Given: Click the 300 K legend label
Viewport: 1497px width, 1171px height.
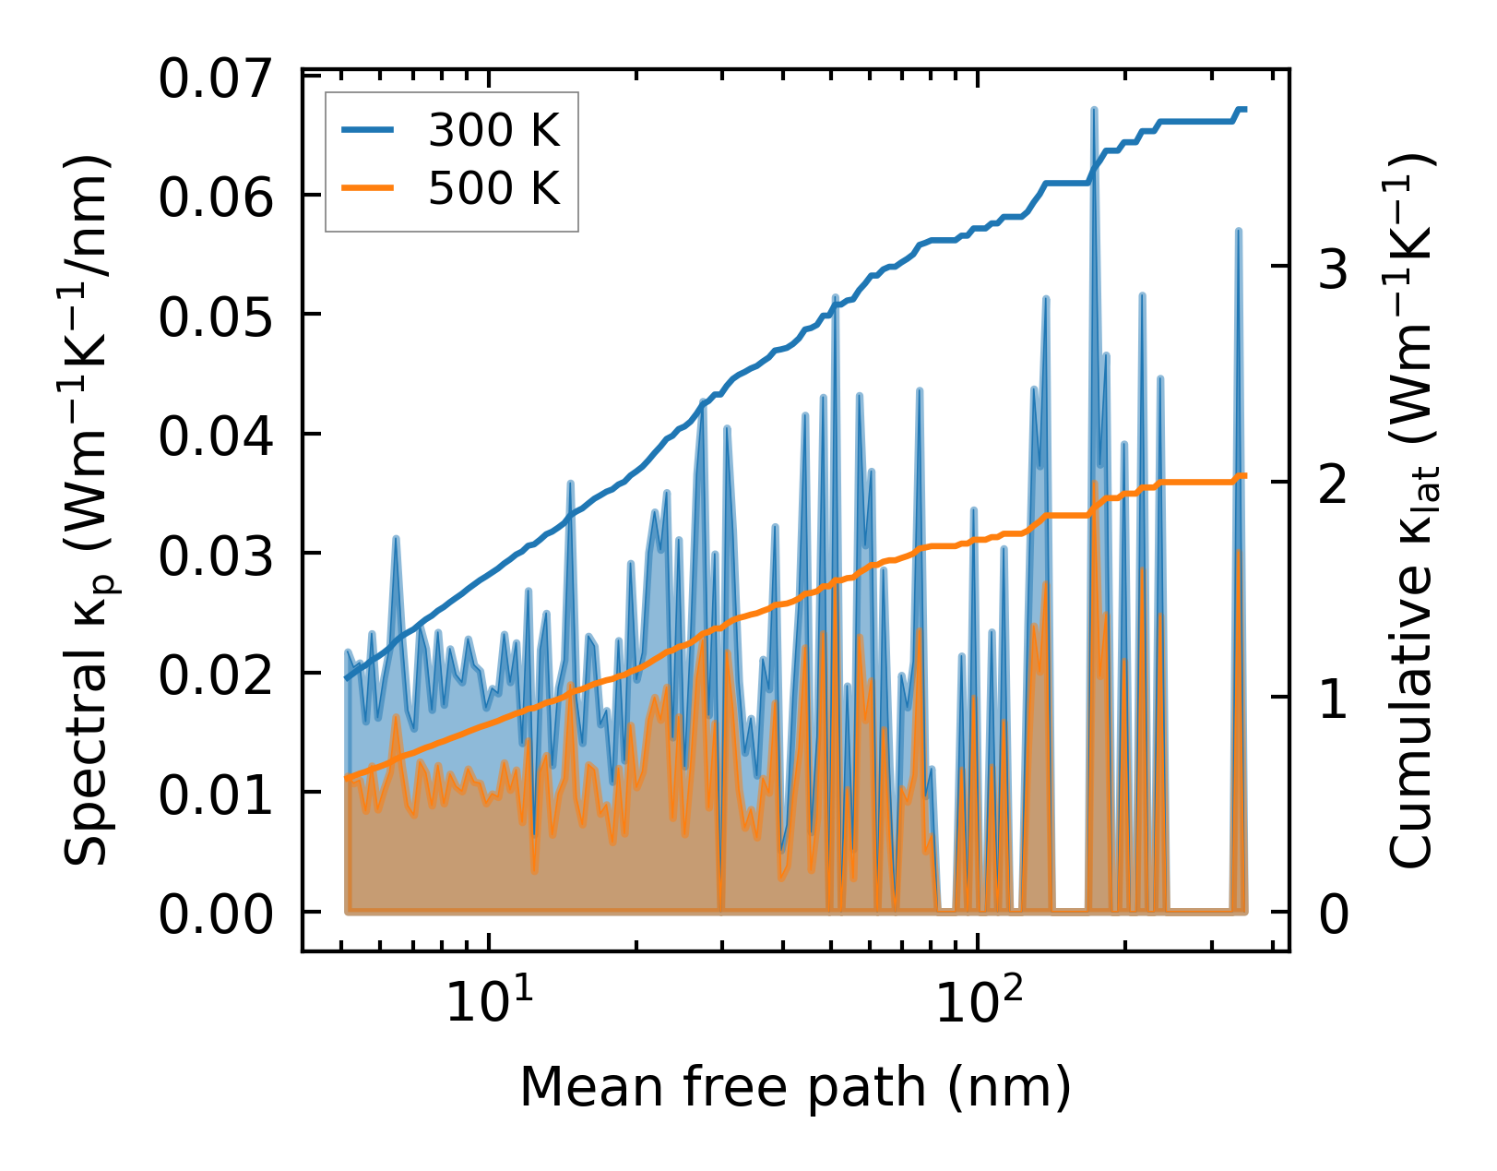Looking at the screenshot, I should [x=493, y=132].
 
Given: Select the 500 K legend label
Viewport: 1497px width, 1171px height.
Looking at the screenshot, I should [x=493, y=189].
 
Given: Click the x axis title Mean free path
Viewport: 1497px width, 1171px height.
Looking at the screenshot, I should [x=795, y=1087].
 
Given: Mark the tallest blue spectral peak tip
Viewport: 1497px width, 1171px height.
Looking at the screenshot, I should [x=1094, y=109].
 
